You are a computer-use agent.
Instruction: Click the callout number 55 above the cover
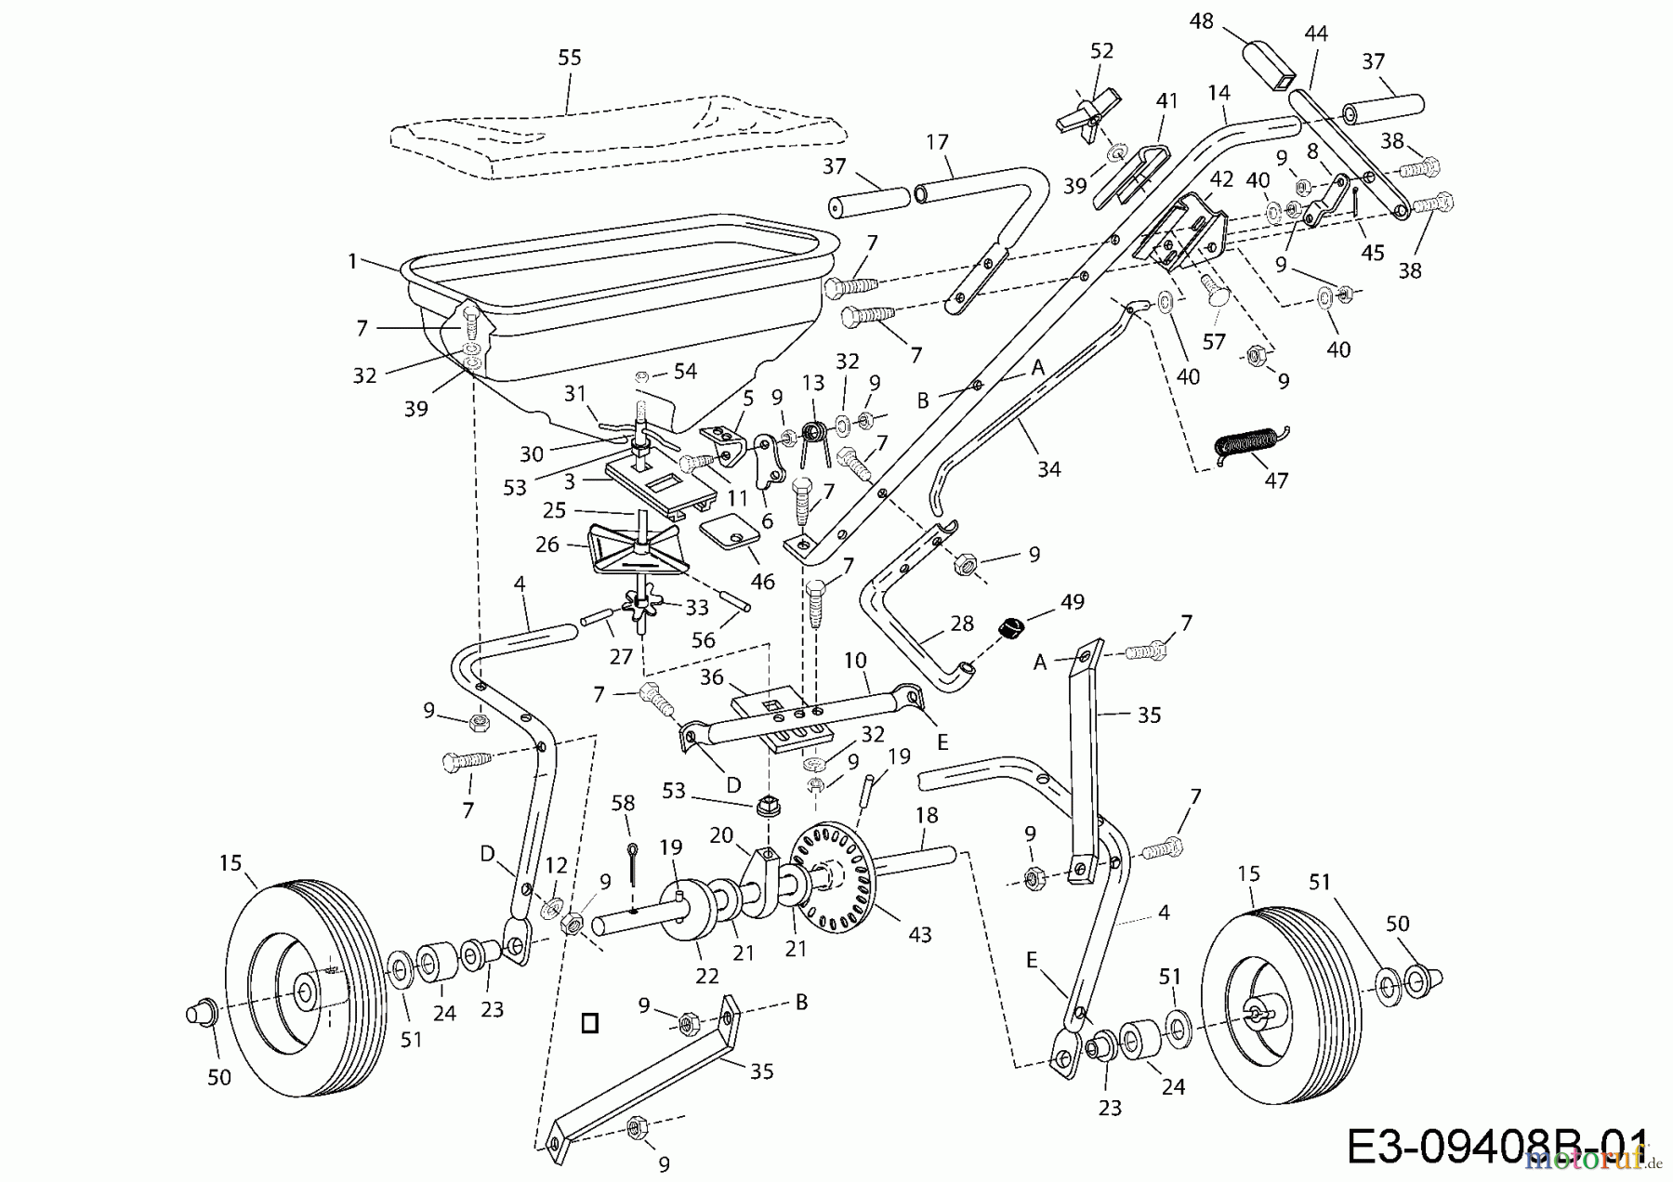[x=569, y=58]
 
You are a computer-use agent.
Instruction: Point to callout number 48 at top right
[x=1202, y=20]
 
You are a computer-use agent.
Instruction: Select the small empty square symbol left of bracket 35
[x=589, y=1023]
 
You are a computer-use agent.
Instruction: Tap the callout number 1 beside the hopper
[x=352, y=262]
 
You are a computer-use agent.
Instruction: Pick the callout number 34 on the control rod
[x=1048, y=469]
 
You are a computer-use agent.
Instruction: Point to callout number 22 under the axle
[x=707, y=976]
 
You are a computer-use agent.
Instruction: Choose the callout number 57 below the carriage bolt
[x=1214, y=342]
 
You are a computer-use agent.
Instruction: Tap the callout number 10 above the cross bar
[x=855, y=661]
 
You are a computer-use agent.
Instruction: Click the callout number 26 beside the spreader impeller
[x=547, y=545]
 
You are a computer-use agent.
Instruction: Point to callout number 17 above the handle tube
[x=937, y=142]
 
